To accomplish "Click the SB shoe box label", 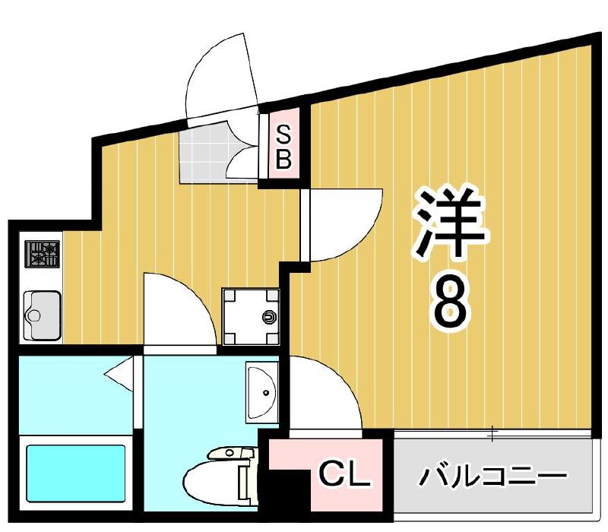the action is (x=283, y=148).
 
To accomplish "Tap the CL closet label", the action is (x=343, y=477).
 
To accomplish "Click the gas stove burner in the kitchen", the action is (x=43, y=254).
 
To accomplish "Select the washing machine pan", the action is (x=250, y=316).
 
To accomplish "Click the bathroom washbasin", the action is (x=262, y=392).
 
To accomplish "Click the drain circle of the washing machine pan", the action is (x=268, y=317).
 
